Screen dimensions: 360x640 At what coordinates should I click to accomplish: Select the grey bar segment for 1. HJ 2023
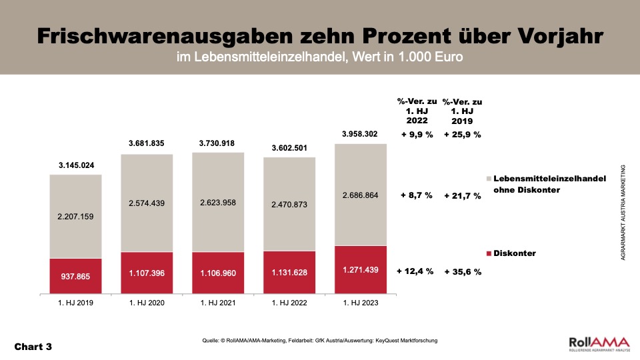[x=361, y=195]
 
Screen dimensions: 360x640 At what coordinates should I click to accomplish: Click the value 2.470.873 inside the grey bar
[x=289, y=205]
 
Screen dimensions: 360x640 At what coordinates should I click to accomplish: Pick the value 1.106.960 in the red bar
[x=218, y=273]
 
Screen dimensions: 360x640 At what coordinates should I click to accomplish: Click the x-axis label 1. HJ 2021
[x=218, y=303]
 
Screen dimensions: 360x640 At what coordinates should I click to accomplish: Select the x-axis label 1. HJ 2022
[x=289, y=303]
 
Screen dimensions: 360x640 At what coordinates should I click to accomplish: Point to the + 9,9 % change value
[x=416, y=135]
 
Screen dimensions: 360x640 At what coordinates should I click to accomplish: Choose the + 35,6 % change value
[x=463, y=272]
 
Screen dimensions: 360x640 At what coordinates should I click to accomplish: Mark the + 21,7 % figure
[x=463, y=196]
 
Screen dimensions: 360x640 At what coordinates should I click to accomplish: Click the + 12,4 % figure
[x=415, y=271]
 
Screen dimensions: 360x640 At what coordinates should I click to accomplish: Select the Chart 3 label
[x=33, y=347]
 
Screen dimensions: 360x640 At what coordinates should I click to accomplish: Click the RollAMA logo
[x=597, y=343]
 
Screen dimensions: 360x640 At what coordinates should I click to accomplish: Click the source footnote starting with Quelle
[x=320, y=341]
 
